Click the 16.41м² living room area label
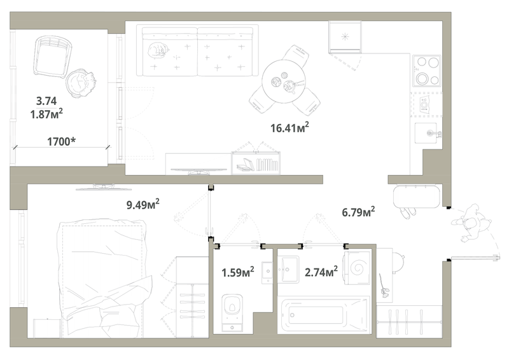pos(289,128)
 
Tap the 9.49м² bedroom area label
pos(143,205)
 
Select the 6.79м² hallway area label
pos(358,212)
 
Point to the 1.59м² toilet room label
pos(237,272)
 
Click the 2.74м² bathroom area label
pos(321,272)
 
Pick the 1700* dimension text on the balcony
pos(61,142)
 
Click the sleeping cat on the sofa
pos(158,51)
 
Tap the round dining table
pos(284,82)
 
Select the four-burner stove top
pos(426,71)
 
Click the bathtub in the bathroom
pos(324,314)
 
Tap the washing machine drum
pos(358,268)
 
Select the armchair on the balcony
pos(52,57)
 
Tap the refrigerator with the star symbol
pos(345,37)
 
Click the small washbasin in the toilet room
pos(267,272)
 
